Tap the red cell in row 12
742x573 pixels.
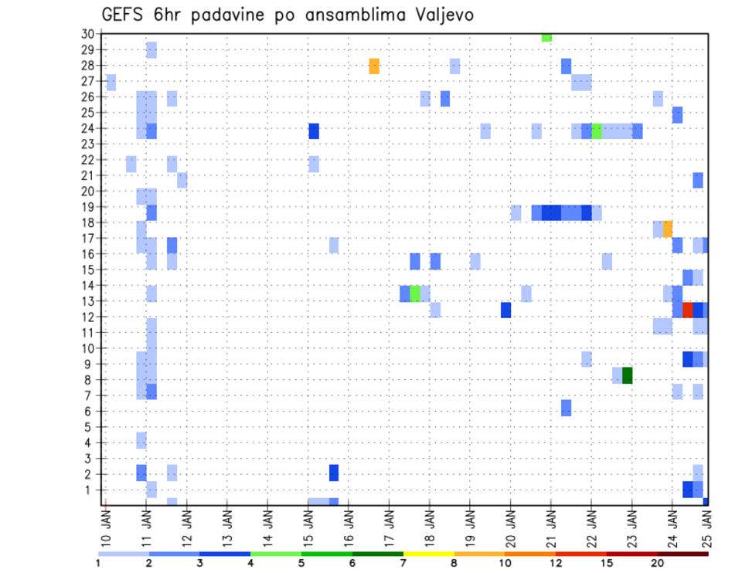coord(688,310)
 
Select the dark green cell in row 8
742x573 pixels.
coord(628,375)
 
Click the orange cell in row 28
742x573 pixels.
coord(374,66)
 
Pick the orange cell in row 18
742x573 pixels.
coord(668,229)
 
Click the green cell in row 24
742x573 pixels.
coord(597,131)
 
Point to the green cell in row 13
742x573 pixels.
coord(415,293)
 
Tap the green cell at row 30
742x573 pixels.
coord(546,37)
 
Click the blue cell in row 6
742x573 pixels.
coord(567,408)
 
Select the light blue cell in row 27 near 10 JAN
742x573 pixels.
coord(111,82)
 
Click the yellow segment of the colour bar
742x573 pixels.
coord(428,554)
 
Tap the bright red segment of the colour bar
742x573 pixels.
coord(581,554)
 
